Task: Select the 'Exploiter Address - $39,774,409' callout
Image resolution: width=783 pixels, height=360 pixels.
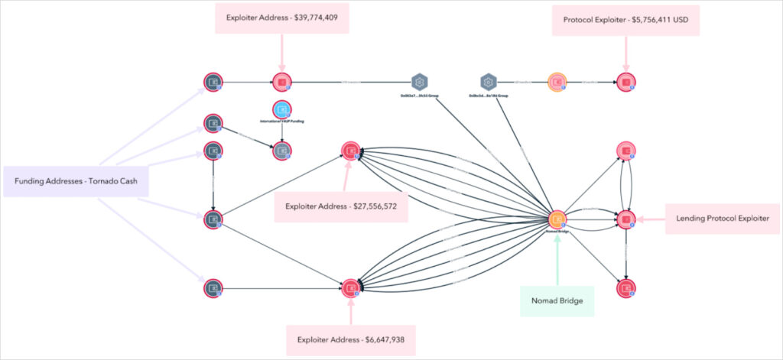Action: [x=282, y=18]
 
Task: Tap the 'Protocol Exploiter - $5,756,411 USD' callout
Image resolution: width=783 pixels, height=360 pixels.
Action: [x=625, y=18]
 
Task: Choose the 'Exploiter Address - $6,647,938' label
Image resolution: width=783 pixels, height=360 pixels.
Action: [x=351, y=339]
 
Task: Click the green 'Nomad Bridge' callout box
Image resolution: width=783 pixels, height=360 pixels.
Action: [x=557, y=301]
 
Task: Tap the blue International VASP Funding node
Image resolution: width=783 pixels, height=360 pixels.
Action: [x=282, y=109]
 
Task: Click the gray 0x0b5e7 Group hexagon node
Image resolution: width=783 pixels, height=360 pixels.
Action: [x=419, y=82]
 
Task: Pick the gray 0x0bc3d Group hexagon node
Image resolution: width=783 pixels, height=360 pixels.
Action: [x=489, y=82]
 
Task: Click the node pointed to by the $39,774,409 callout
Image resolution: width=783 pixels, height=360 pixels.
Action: [x=282, y=82]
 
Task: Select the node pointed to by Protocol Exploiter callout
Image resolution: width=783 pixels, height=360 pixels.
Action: [x=626, y=82]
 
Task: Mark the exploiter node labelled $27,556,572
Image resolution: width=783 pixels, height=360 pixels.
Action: [x=350, y=151]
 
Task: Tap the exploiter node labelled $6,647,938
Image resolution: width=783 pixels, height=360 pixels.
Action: [x=351, y=288]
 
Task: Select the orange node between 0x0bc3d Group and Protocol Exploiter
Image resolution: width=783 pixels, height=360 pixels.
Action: [x=557, y=82]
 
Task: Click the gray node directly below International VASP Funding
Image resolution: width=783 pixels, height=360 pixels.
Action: [x=282, y=151]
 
